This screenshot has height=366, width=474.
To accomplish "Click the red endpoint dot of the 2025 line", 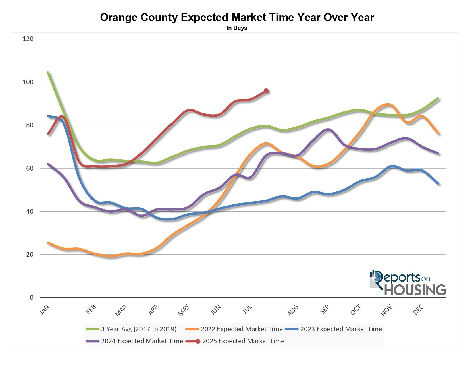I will coord(266,91).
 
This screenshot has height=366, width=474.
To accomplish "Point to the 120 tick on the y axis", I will coord(28,39).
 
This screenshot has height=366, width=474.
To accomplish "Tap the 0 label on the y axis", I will coord(32,298).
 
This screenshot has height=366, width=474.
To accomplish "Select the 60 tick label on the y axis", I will coord(30,168).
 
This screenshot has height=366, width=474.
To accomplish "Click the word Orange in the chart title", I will coord(119,18).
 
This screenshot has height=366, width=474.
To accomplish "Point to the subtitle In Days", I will coord(237,28).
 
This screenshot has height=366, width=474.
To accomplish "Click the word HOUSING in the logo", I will coord(415,290).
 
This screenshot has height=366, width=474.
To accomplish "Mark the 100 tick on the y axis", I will coord(28,82).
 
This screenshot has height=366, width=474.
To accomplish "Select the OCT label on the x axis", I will coord(355,310).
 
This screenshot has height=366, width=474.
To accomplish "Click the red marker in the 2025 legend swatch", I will coord(198,341).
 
